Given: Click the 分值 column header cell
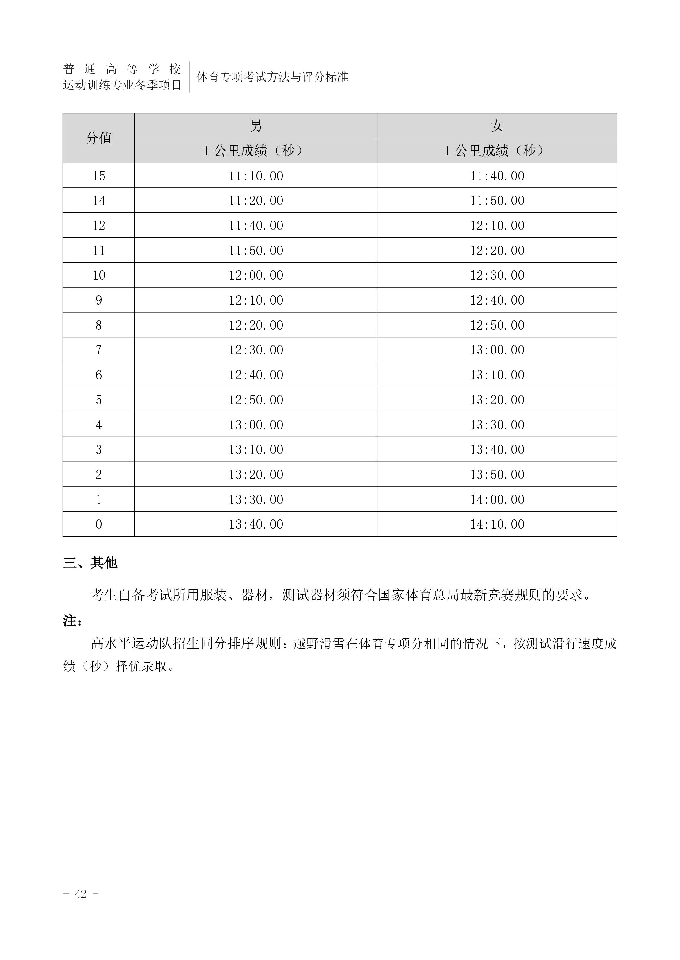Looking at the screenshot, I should point(99,138).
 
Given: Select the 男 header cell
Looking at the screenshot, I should point(256,126).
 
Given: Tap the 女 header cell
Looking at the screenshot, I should point(497,126).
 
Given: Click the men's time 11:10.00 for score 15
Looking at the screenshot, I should point(256,176).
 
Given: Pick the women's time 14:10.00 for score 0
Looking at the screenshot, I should point(497,524).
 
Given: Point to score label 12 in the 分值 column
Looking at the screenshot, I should point(99,225).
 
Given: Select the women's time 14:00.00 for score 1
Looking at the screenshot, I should point(497,499).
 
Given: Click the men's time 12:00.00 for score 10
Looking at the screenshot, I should point(256,275).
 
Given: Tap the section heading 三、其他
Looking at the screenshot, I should point(90,563).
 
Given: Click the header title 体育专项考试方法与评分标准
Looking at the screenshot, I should point(272,77).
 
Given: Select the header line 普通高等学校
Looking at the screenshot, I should point(122,69).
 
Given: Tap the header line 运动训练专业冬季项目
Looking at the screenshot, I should point(122,85).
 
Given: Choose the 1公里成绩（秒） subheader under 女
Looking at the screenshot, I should point(497,151).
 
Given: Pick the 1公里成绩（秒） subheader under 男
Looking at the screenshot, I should point(256,151).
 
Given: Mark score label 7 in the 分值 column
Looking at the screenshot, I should point(99,350).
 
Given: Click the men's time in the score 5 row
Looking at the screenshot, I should point(256,400).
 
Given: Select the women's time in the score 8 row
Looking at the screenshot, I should point(497,325).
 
